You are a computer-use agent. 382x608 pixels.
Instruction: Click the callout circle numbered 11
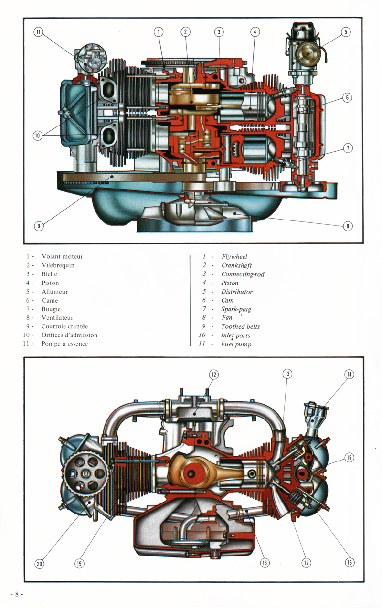pos(38,32)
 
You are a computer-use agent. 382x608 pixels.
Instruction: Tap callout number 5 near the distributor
pos(346,32)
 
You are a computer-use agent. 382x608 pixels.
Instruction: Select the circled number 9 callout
pos(38,226)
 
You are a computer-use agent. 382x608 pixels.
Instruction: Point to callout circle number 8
pos(348,226)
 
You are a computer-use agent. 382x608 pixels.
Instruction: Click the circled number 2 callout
pos(185,32)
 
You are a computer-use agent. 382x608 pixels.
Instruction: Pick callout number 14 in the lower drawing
pos(349,375)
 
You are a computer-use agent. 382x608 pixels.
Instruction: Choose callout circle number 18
pos(264,563)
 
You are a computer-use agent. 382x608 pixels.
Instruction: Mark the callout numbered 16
pos(349,563)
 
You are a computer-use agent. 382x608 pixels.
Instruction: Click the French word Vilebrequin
pos(58,265)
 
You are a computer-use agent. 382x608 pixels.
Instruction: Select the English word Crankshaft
pos(236,265)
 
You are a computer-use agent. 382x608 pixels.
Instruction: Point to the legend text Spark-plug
pos(236,309)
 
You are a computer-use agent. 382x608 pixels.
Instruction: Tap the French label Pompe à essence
pos(64,344)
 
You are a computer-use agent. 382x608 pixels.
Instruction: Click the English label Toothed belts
pos(240,326)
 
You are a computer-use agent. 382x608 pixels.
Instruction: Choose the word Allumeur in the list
pos(54,292)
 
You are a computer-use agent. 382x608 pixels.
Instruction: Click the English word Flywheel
pos(234,257)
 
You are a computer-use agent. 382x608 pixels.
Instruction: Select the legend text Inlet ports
pos(235,335)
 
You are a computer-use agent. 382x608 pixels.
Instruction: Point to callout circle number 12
pos(213,375)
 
